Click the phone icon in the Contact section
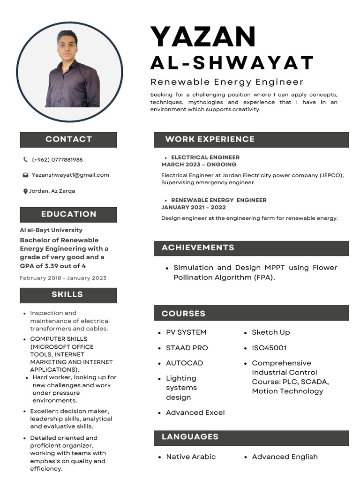coord(25,160)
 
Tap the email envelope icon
coord(25,175)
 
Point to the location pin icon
coord(25,191)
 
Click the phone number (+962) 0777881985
coord(57,160)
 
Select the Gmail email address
coord(70,175)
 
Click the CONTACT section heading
coord(68,139)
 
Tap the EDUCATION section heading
coord(68,214)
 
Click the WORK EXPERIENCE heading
coord(210,139)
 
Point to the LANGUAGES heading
coord(190,437)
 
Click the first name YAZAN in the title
coord(203,37)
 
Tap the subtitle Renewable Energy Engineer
coord(227,82)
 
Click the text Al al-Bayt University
coord(51,230)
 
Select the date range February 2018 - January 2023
coord(63,278)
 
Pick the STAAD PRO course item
coord(187,348)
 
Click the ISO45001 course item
coord(269,348)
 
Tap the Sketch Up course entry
coord(271,332)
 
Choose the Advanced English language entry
coord(285,457)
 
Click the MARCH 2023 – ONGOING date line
coord(199,165)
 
